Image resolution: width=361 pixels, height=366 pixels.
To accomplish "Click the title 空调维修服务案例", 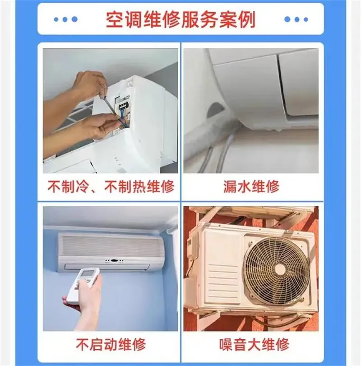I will coord(180,19).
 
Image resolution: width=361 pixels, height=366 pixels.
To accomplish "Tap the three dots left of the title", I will coord(65,20).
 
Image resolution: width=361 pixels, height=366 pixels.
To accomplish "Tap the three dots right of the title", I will coord(296,20).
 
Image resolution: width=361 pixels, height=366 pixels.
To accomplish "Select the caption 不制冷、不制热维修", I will coord(111,186).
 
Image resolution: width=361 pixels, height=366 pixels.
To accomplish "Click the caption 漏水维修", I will coord(251,186).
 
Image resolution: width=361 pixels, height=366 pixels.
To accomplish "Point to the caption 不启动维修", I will coord(111,346).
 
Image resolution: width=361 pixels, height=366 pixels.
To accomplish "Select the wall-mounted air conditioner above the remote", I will coord(111,252).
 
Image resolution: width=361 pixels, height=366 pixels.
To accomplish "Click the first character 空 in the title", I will coord(113,19).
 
